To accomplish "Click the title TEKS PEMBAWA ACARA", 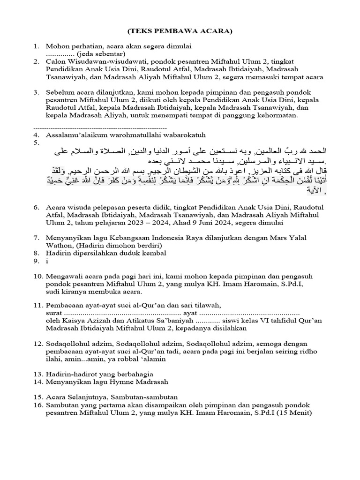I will click(180, 31).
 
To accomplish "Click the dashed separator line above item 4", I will click(101, 127).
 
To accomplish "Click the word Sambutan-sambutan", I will click(142, 397).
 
